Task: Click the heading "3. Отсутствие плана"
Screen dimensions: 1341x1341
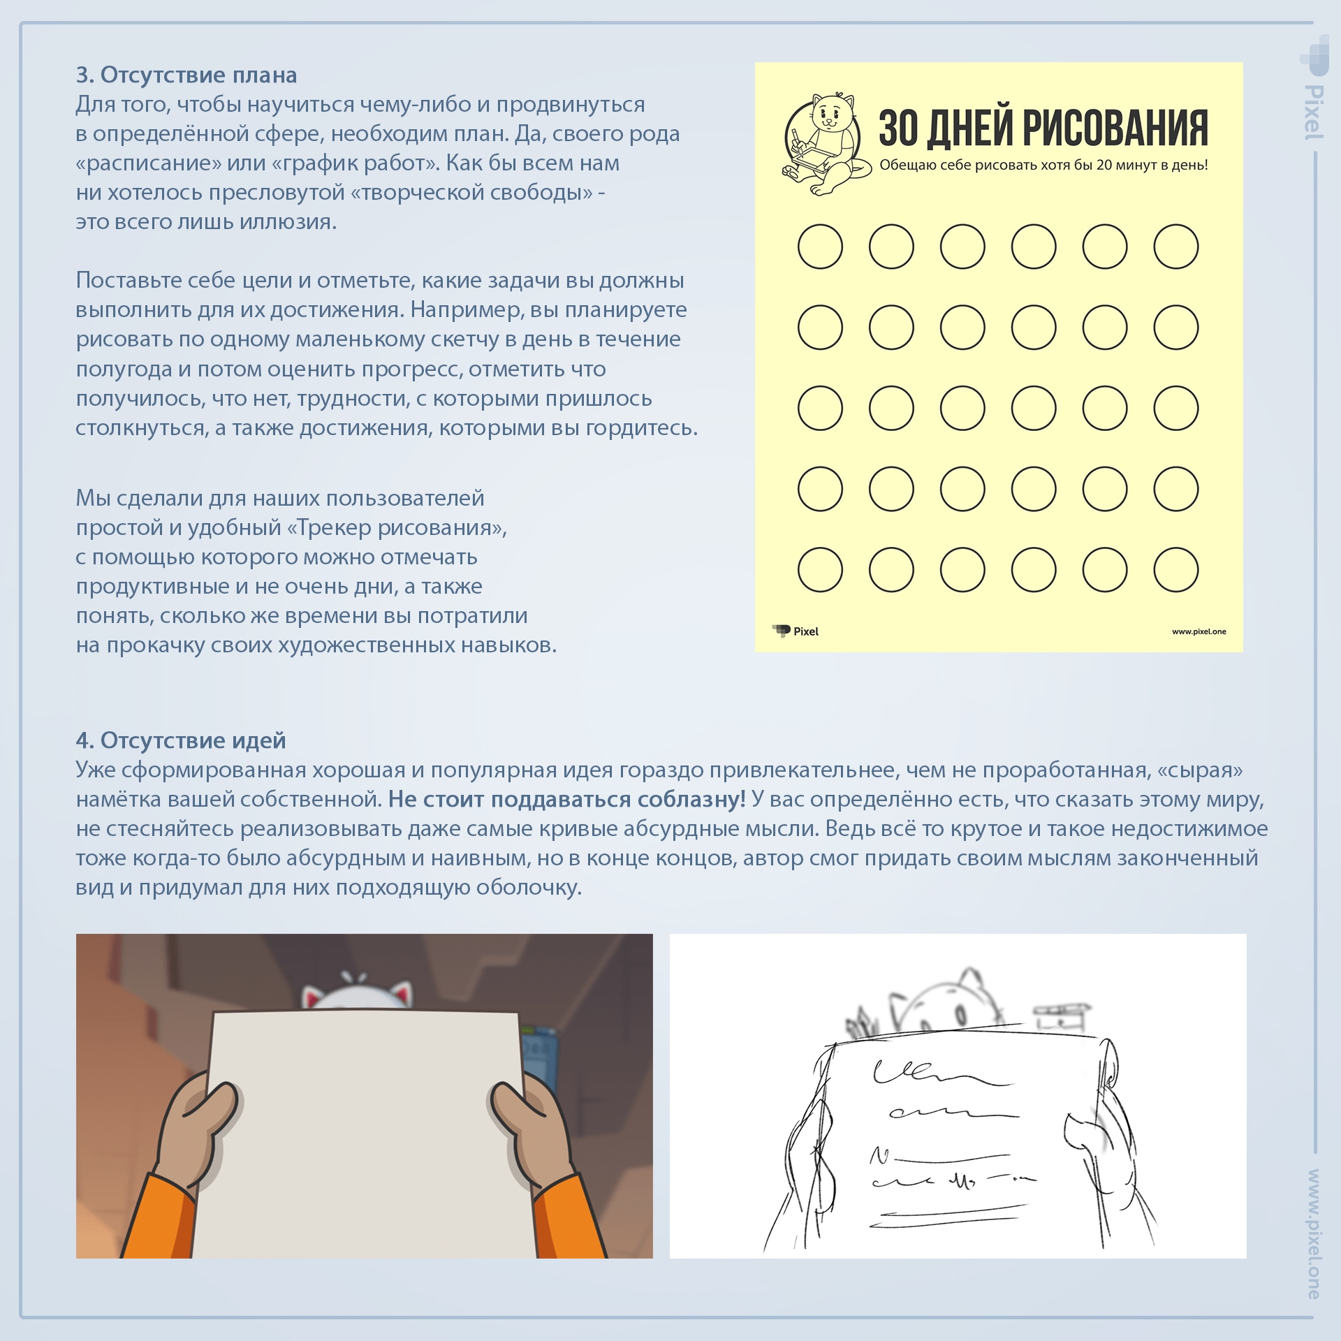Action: point(186,75)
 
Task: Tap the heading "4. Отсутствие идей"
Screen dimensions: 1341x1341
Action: point(181,740)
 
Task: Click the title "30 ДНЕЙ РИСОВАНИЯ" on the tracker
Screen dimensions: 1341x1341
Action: point(1043,129)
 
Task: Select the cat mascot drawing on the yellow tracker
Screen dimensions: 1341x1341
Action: point(826,145)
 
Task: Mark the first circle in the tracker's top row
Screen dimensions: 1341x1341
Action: point(820,247)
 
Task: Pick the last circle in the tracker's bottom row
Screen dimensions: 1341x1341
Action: point(1176,570)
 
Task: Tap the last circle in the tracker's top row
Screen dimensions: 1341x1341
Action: point(1176,247)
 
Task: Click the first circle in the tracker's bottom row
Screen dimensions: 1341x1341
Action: point(820,570)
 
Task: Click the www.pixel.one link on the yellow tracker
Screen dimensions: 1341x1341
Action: point(1199,631)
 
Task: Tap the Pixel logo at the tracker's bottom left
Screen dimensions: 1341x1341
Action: point(796,631)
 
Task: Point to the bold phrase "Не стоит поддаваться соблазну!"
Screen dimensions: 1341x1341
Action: point(567,799)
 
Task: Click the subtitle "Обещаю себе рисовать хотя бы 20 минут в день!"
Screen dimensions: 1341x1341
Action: point(1043,166)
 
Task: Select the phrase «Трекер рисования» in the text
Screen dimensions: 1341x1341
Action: point(396,527)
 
